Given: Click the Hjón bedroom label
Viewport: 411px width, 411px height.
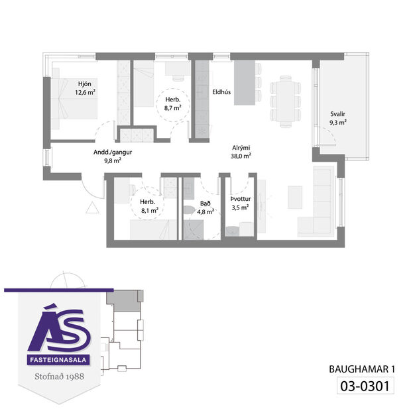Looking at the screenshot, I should click(84, 84).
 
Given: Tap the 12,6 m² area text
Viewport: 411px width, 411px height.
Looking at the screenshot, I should click(86, 93).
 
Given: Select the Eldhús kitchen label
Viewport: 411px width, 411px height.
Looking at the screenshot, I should click(221, 93).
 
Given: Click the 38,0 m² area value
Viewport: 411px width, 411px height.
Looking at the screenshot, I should click(241, 157).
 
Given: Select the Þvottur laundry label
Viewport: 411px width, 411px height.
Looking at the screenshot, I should click(239, 198).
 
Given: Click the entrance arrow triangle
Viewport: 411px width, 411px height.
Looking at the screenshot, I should click(93, 207).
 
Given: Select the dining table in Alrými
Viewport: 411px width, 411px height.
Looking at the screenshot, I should click(285, 99).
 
